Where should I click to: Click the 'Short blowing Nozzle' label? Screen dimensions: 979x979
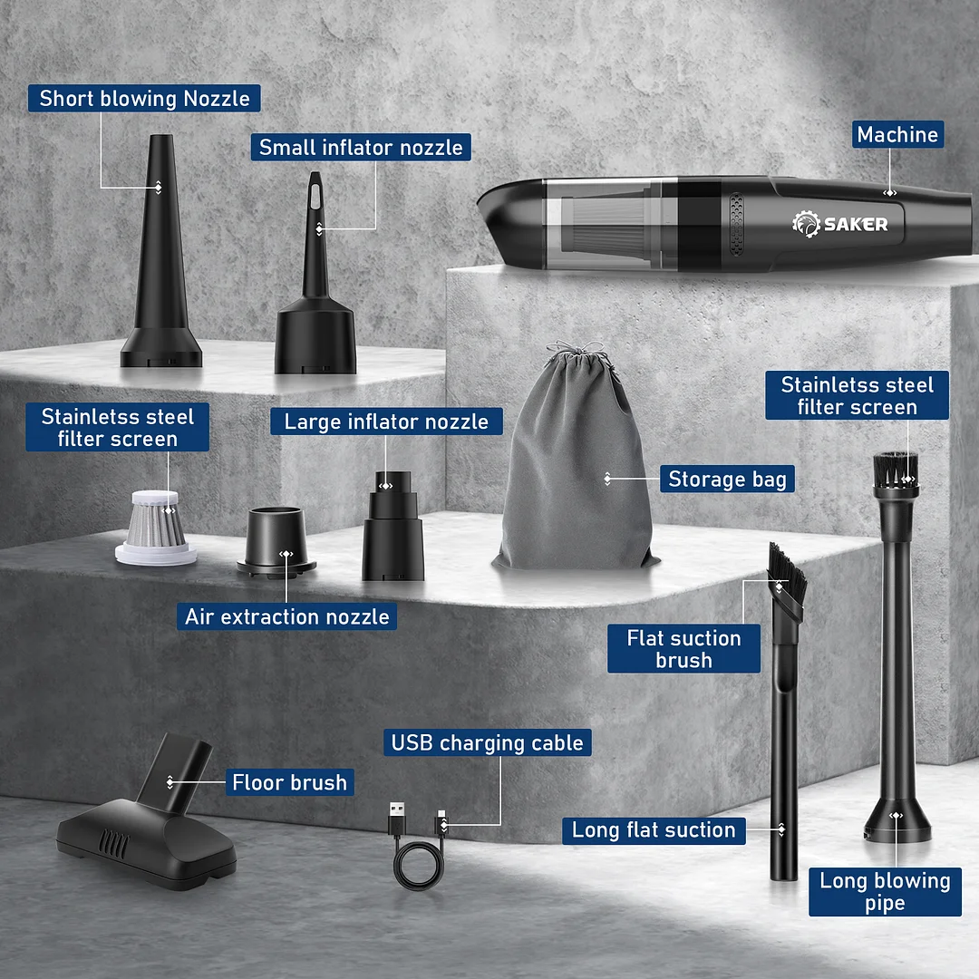tap(144, 98)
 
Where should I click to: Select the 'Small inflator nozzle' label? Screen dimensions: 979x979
tap(360, 147)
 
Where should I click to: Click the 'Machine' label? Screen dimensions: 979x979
tap(897, 134)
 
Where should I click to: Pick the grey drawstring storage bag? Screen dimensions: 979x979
tap(575, 471)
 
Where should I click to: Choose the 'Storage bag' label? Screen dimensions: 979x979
tap(727, 479)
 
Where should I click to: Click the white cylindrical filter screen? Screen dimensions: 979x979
tap(156, 525)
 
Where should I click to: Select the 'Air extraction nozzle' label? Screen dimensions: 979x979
tap(286, 616)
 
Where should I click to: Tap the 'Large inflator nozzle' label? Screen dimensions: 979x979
tap(386, 421)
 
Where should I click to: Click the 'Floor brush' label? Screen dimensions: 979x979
tap(289, 781)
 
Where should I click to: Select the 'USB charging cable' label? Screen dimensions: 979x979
tap(487, 742)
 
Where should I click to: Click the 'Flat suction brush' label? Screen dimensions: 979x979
tap(683, 649)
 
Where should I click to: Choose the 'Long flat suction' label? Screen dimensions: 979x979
tap(653, 829)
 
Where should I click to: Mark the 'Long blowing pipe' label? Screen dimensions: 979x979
tap(885, 891)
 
